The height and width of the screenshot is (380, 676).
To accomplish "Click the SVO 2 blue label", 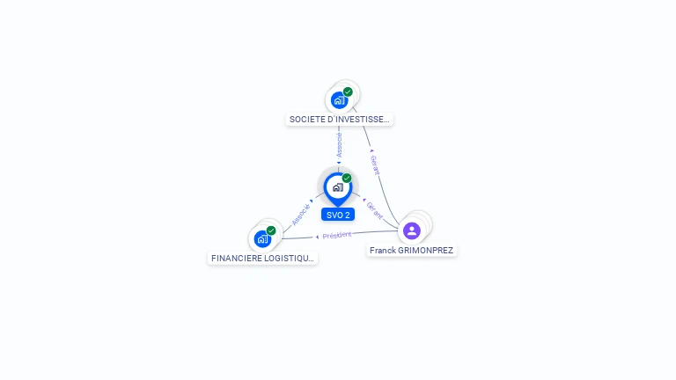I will [x=338, y=215].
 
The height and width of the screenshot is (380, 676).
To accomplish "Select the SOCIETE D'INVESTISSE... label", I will [x=339, y=119].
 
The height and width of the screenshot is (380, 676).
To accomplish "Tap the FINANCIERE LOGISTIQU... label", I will [x=262, y=258].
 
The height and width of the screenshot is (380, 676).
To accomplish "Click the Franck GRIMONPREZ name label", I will [x=411, y=251].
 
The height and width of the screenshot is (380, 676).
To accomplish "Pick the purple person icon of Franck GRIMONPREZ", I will [x=411, y=230].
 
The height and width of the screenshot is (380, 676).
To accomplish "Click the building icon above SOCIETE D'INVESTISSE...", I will [x=339, y=100].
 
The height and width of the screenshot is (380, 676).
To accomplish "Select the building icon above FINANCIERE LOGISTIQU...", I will [x=261, y=238].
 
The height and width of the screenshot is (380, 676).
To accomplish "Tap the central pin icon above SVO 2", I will [x=337, y=187].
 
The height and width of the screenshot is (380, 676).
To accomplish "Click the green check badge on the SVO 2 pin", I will [x=347, y=178].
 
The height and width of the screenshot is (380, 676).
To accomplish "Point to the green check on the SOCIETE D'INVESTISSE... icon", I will [x=348, y=91].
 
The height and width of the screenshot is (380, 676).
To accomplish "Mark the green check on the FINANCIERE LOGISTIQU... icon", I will [x=271, y=230].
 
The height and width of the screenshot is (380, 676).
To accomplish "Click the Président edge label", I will [x=337, y=235].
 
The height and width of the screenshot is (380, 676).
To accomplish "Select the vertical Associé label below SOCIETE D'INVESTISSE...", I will [x=340, y=145].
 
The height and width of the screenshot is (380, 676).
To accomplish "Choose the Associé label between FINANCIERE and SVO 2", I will [x=301, y=215].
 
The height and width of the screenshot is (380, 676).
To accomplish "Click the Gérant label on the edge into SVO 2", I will [x=375, y=209].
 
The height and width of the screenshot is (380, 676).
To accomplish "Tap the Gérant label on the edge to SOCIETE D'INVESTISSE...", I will [x=376, y=165].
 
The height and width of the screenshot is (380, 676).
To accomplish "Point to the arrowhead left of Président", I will [x=318, y=237].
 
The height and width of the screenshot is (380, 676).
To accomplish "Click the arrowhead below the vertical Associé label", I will [x=339, y=162].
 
